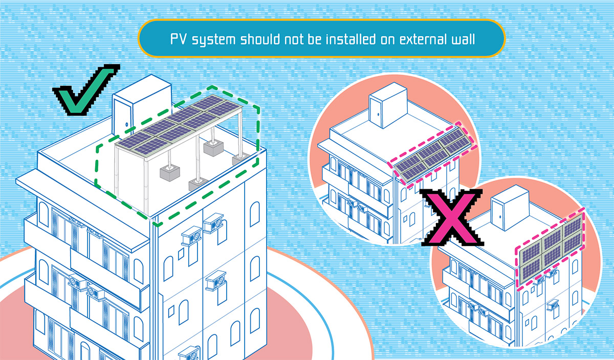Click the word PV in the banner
[179, 39]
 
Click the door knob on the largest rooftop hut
[126, 124]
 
